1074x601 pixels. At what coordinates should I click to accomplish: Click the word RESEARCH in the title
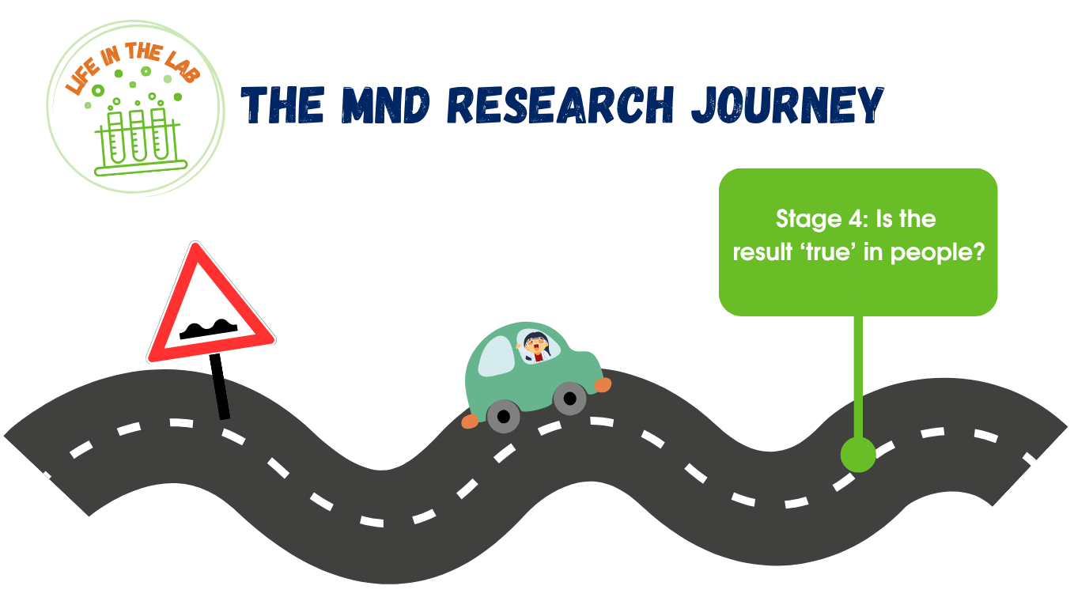[562, 105]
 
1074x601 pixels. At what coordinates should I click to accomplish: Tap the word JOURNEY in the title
[787, 105]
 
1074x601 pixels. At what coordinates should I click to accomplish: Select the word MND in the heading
[386, 105]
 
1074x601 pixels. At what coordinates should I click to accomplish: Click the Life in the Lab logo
[136, 108]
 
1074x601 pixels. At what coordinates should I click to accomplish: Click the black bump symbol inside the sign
[209, 330]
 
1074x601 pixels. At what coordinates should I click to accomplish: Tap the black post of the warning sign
[220, 386]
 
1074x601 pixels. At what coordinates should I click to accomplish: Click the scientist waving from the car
[535, 346]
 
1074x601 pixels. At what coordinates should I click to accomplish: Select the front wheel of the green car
[569, 399]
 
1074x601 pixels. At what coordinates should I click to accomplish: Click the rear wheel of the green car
[504, 416]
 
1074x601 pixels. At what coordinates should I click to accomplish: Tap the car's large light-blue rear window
[496, 356]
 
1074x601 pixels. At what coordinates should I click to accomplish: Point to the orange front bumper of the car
[603, 385]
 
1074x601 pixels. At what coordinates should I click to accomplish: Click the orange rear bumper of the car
[470, 421]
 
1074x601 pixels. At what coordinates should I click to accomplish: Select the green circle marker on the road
[858, 455]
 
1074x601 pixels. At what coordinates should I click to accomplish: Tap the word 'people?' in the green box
[938, 252]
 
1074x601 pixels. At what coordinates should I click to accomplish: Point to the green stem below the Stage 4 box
[858, 376]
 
